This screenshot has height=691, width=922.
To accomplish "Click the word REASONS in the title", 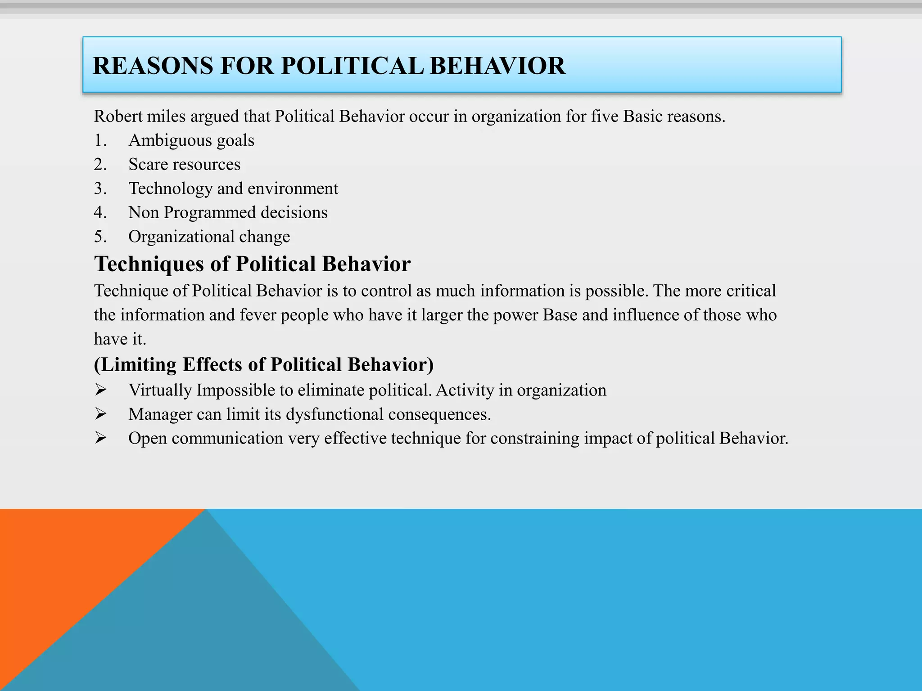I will pyautogui.click(x=153, y=66).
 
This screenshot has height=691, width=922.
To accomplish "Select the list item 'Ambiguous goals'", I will pyautogui.click(x=191, y=141).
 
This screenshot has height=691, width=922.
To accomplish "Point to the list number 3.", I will pyautogui.click(x=99, y=188).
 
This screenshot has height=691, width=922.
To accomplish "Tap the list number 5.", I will pyautogui.click(x=99, y=237).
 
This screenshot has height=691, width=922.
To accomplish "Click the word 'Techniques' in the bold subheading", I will pyautogui.click(x=149, y=264).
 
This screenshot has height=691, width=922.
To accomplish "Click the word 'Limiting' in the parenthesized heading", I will pyautogui.click(x=139, y=365).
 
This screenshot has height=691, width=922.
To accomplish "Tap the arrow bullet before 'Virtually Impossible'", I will pyautogui.click(x=100, y=390).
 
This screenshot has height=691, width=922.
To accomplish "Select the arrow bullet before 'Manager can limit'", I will pyautogui.click(x=100, y=414).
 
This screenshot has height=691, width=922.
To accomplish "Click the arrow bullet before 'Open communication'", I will pyautogui.click(x=100, y=438).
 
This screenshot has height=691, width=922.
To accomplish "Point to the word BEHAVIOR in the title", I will pyautogui.click(x=497, y=66).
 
